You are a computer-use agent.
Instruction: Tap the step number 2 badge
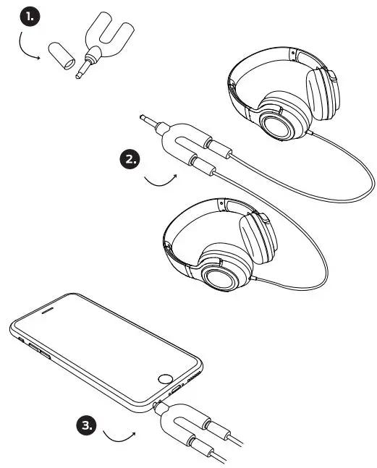130,159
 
